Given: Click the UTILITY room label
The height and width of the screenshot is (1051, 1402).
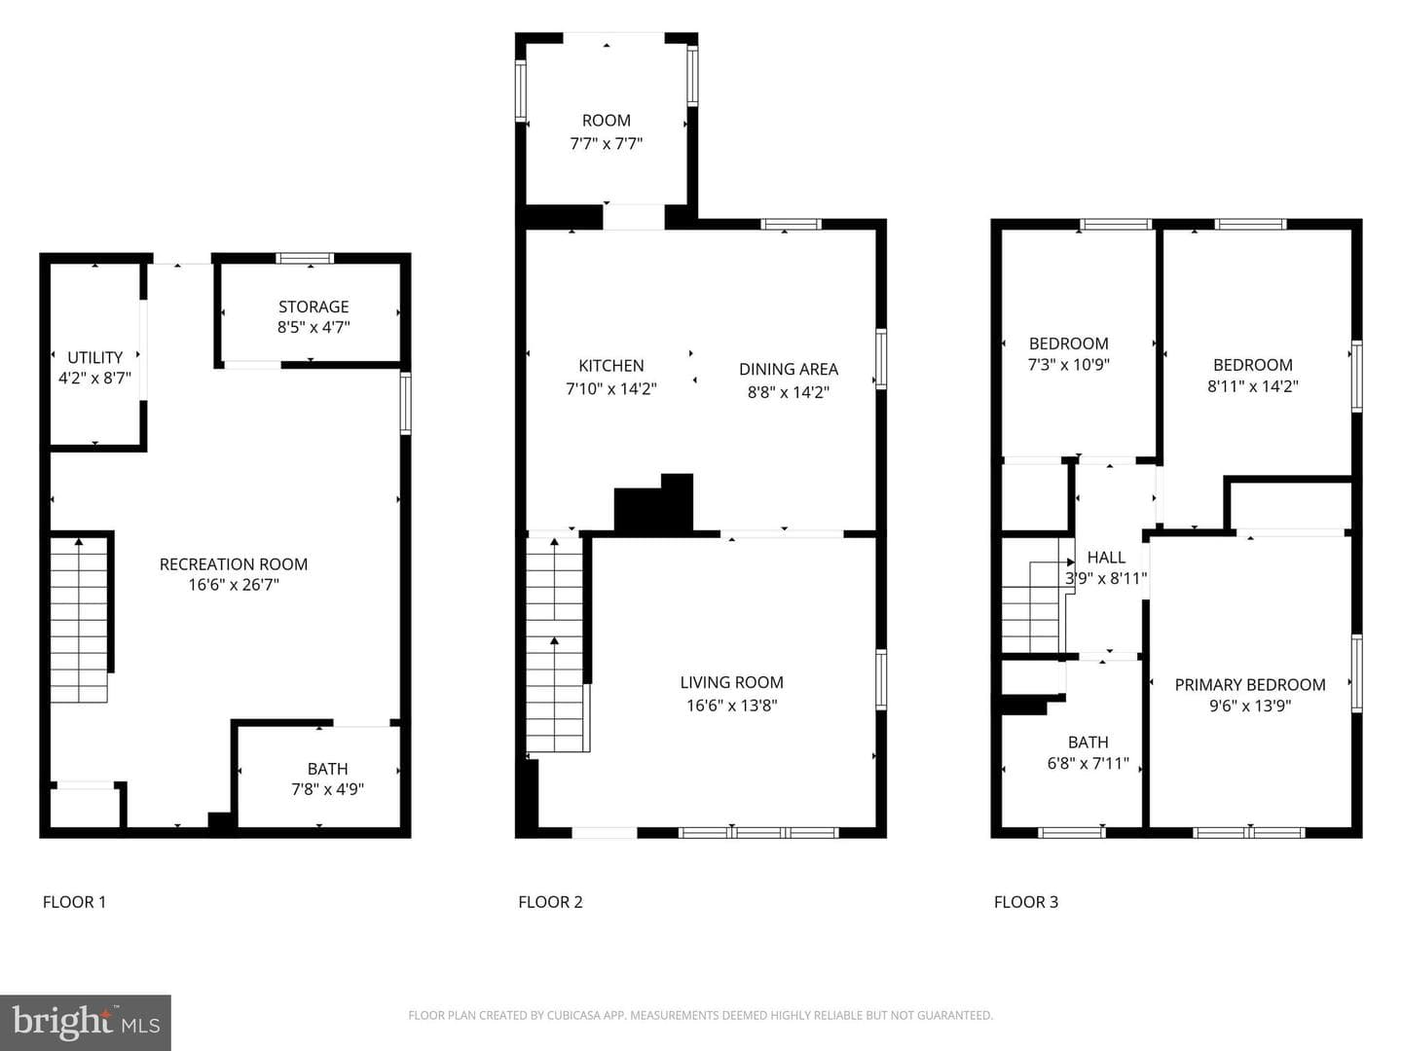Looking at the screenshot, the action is [x=94, y=357].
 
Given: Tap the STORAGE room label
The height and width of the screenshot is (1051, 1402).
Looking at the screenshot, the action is [x=314, y=307].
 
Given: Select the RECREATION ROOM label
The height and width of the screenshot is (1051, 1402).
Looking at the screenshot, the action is [x=234, y=564].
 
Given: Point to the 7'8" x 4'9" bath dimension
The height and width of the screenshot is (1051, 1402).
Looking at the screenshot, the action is [x=328, y=789].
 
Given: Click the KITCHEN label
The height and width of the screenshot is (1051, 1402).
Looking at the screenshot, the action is [x=611, y=366].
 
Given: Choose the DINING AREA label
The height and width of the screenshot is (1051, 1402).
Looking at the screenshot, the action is [x=789, y=370].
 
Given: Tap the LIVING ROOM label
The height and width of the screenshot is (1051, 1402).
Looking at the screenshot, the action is [x=732, y=682].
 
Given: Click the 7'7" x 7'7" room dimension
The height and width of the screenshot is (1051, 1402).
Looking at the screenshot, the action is [x=607, y=144].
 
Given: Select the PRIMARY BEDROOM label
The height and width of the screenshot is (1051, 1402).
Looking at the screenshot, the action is [x=1250, y=685].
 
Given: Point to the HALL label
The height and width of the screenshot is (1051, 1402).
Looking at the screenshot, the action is [x=1106, y=558].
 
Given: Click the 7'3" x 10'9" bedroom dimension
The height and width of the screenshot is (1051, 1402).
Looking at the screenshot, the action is [x=1069, y=364].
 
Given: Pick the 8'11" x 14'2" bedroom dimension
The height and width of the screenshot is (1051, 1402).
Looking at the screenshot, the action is [x=1252, y=386].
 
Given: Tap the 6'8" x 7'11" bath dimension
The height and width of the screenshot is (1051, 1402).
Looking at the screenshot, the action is [x=1088, y=763].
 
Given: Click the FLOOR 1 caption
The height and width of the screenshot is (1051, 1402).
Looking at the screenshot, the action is [x=74, y=902].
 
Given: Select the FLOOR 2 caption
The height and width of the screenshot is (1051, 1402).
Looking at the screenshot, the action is [x=551, y=902].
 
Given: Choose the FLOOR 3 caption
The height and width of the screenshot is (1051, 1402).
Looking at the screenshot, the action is [x=1026, y=902].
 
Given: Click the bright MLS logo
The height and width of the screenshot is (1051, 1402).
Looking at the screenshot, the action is [x=86, y=1023].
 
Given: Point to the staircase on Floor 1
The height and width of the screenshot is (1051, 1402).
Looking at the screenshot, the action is [x=79, y=620].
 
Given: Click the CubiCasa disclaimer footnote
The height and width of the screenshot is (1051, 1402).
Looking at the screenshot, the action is [x=701, y=1015].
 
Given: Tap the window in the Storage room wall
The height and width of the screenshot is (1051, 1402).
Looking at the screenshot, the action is [x=306, y=259].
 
